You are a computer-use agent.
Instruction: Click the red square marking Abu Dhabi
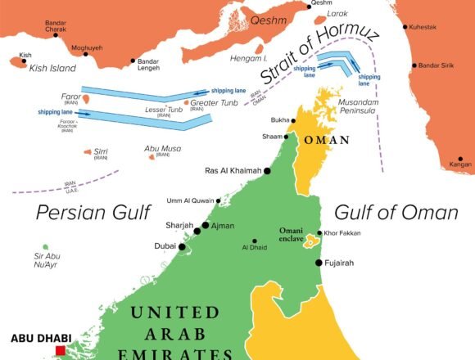pos(59,351)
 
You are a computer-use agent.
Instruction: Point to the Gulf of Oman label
pos(396,213)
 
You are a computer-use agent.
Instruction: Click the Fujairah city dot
pos(318,263)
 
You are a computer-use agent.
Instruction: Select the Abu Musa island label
pos(162,148)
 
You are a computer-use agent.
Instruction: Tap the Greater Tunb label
pos(215,102)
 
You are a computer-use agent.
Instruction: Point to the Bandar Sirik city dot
pos(416,65)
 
